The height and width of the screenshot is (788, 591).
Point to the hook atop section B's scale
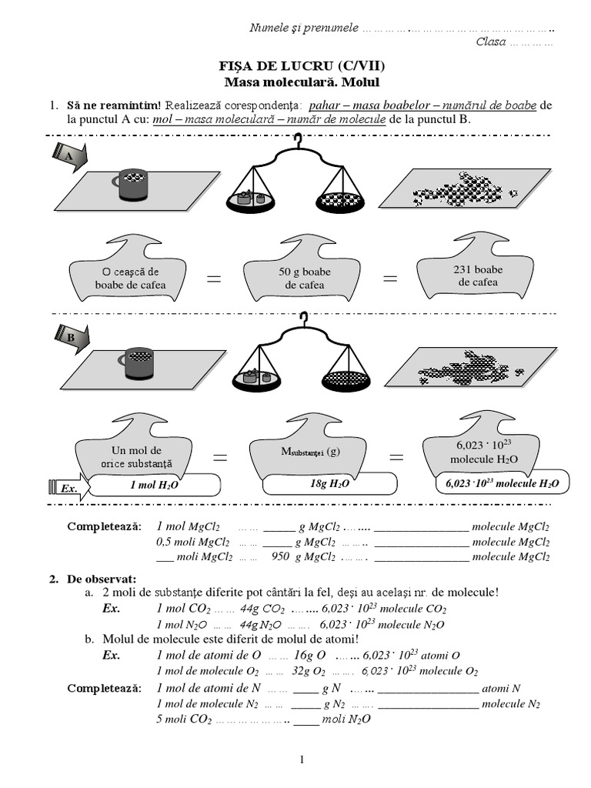[x=305, y=318]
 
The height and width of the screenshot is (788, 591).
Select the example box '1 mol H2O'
[x=155, y=485]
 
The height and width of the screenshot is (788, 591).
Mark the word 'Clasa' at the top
[x=491, y=42]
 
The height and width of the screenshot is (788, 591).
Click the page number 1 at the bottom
[x=302, y=760]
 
